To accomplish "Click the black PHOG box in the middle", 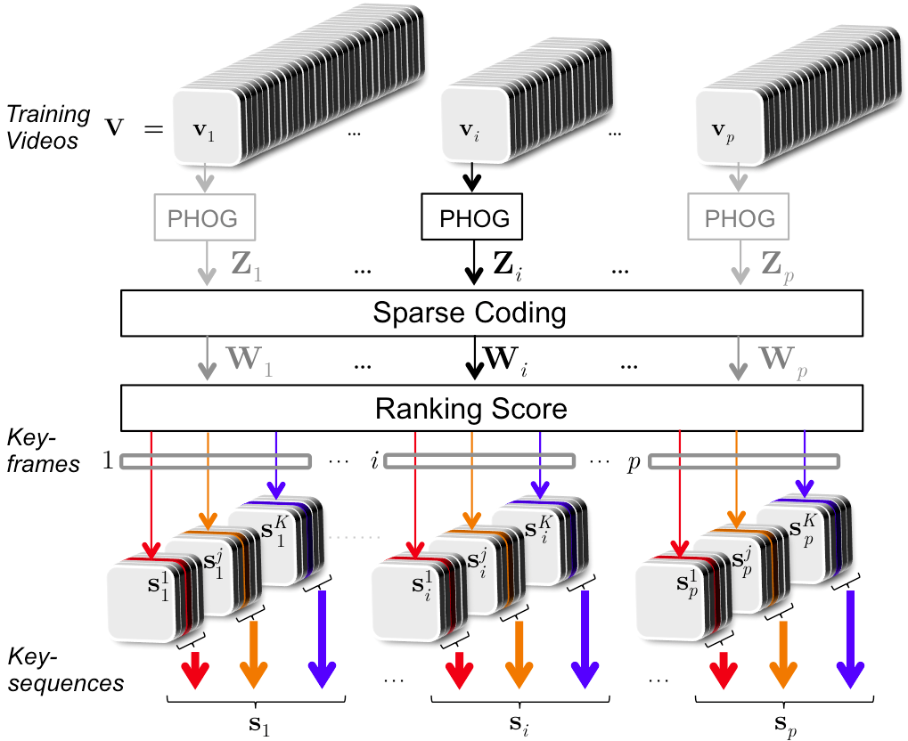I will coord(471,217).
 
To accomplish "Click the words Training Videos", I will coord(49,126).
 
